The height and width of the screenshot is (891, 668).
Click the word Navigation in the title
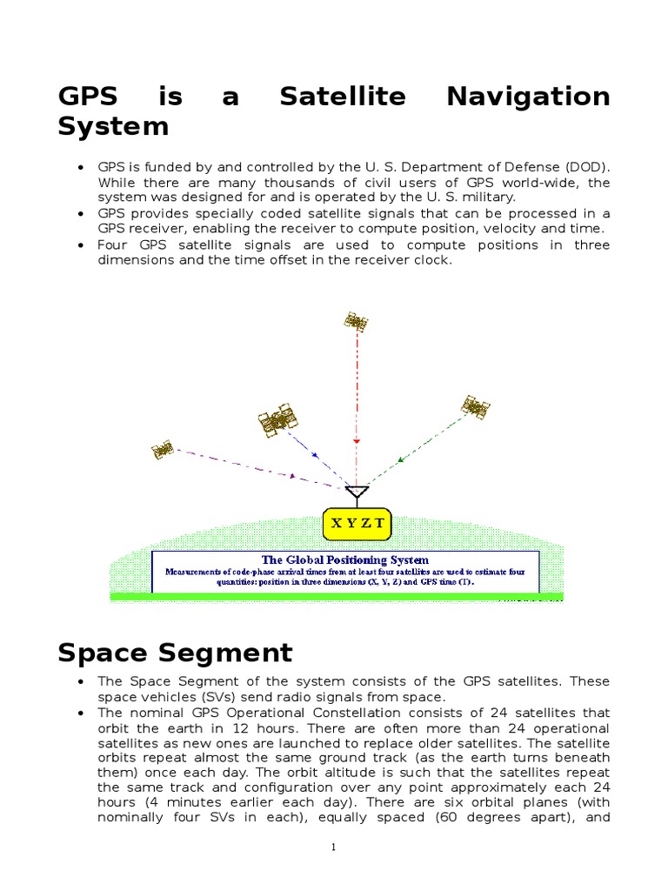(x=528, y=97)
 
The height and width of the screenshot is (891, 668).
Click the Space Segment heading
(x=175, y=653)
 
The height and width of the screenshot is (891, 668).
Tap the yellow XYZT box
(x=357, y=524)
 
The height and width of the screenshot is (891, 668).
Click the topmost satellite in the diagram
(x=355, y=322)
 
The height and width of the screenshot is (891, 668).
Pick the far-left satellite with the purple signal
(x=162, y=450)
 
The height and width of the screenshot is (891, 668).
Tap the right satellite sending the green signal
(x=475, y=406)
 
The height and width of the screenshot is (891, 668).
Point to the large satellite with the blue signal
(x=278, y=419)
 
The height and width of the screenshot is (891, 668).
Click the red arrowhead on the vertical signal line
(x=356, y=441)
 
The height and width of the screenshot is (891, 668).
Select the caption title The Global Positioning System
(x=345, y=559)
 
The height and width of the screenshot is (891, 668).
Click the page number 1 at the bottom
(x=333, y=849)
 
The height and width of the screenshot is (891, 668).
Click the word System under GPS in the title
(x=113, y=127)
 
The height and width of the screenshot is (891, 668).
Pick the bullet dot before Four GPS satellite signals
(x=81, y=245)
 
